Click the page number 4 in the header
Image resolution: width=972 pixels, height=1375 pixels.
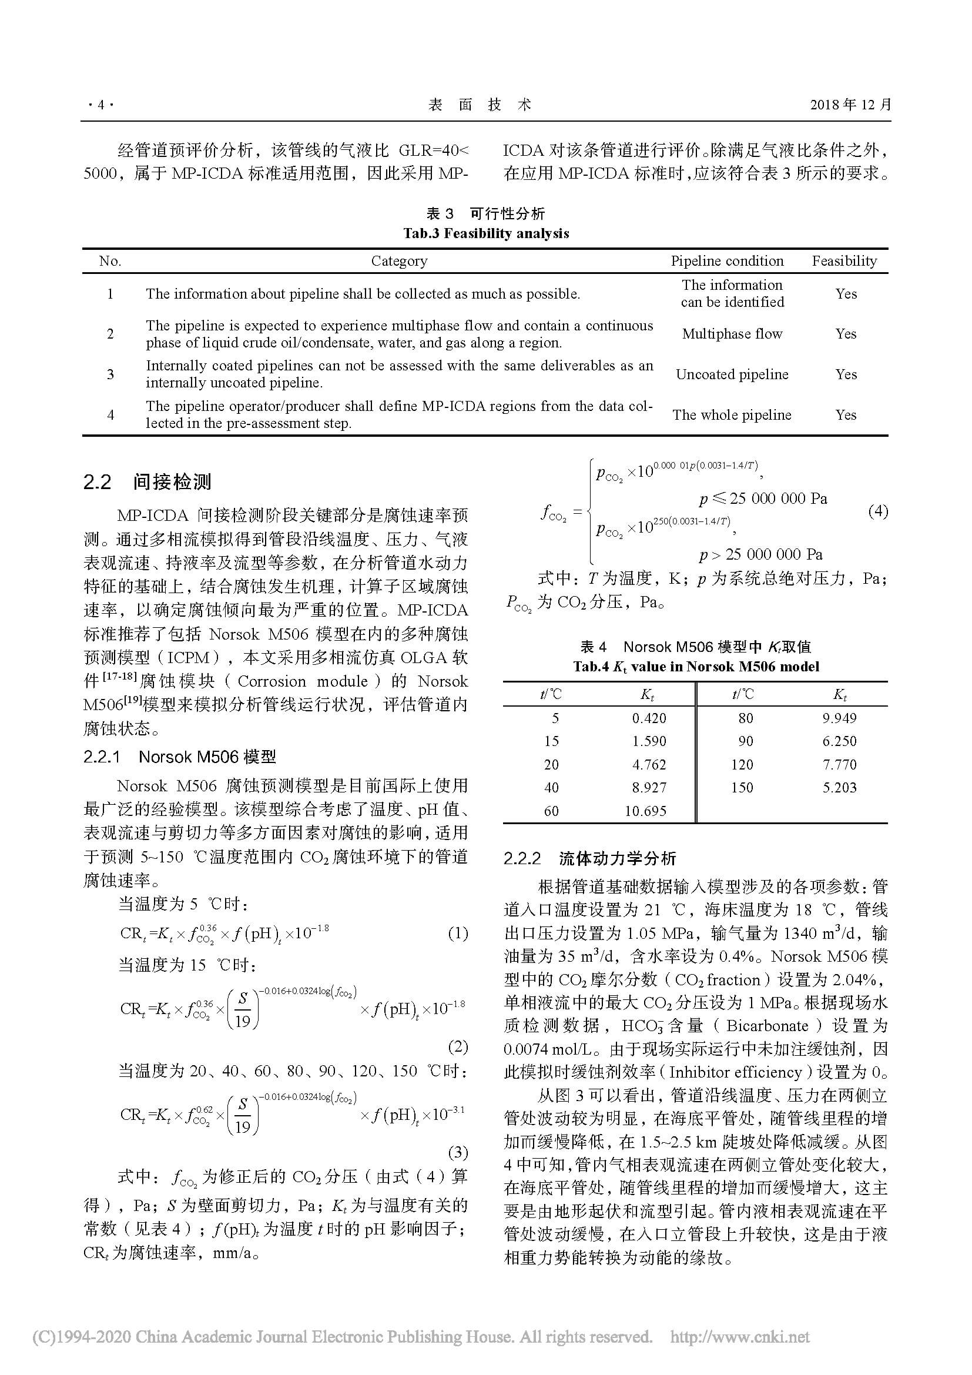[100, 105]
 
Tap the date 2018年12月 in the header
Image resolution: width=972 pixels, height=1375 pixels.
[850, 105]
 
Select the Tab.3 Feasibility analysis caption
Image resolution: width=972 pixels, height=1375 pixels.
[485, 233]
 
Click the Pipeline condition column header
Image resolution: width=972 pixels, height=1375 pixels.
[726, 261]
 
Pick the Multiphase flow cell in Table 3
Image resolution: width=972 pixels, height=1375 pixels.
[732, 334]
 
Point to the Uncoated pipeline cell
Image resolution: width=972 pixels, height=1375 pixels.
[732, 374]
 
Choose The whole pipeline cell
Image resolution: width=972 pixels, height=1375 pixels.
[732, 415]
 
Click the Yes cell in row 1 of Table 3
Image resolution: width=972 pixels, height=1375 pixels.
[846, 294]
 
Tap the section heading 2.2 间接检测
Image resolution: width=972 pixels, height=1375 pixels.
[147, 482]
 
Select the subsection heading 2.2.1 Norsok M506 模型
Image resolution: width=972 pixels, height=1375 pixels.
[180, 757]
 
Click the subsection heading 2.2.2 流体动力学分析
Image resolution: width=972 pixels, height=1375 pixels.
[589, 858]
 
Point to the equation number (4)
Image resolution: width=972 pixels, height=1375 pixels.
[877, 511]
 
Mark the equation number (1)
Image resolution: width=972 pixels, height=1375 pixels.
[458, 933]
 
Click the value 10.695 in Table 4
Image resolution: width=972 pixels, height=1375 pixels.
[645, 811]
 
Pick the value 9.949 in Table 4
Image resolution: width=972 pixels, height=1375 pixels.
[839, 718]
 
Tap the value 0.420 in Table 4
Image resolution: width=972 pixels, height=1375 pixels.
[649, 718]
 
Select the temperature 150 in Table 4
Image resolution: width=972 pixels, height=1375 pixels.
[742, 788]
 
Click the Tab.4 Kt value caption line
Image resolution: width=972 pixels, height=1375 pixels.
[695, 667]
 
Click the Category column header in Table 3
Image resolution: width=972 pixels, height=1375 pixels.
[399, 261]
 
